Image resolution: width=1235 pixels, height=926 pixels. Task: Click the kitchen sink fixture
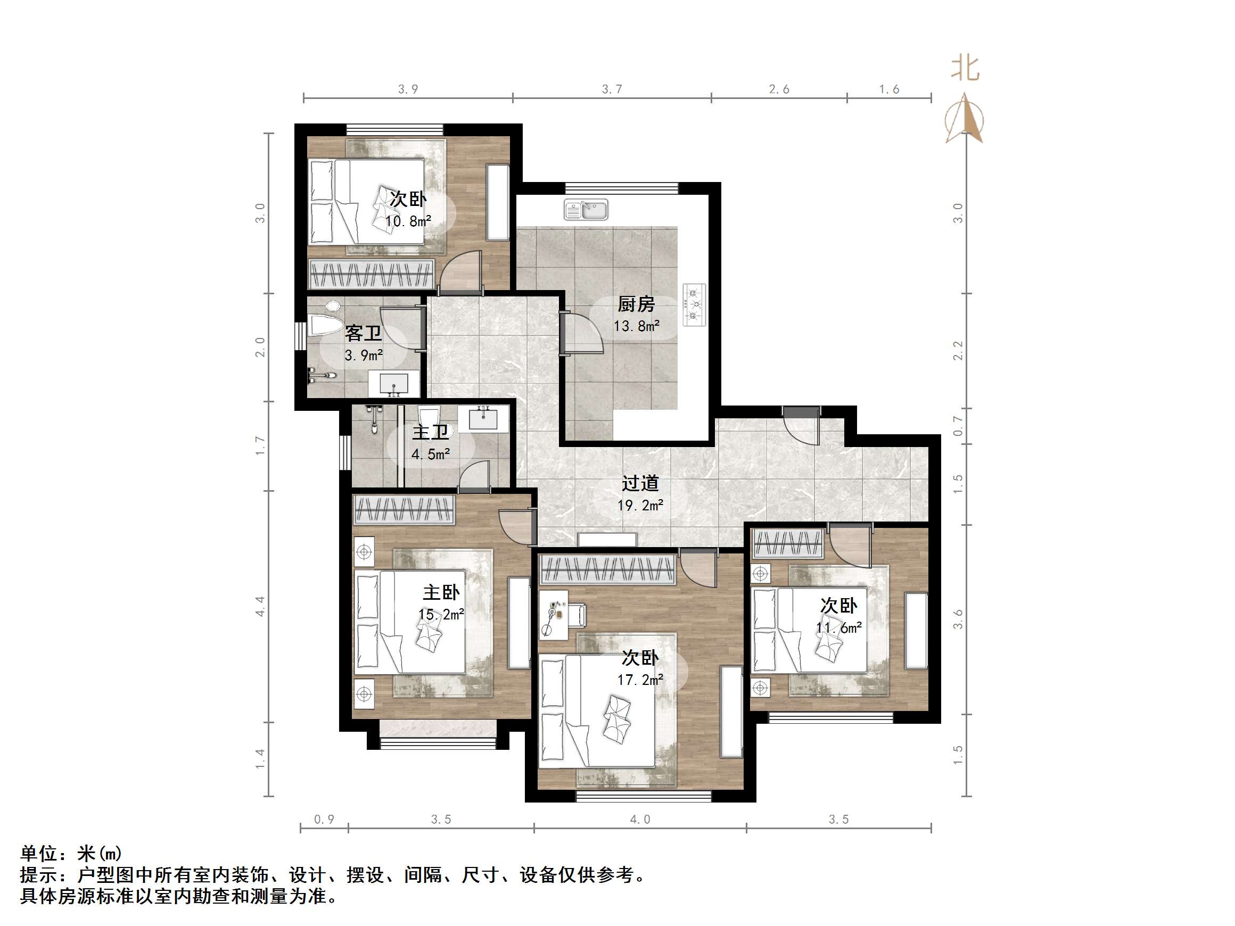(586, 210)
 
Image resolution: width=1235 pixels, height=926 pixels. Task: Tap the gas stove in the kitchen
(695, 305)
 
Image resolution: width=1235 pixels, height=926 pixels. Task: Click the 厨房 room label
(636, 304)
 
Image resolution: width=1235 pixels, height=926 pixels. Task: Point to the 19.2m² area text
(640, 506)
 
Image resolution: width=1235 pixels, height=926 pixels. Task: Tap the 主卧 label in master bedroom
(441, 592)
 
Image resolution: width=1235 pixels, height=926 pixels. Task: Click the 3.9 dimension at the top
(408, 89)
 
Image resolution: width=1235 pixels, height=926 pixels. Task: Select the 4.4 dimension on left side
(260, 606)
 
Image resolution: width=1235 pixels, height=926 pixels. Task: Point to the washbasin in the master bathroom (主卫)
(483, 418)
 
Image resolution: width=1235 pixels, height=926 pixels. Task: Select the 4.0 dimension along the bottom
(640, 820)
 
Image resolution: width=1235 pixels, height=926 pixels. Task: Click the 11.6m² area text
(838, 628)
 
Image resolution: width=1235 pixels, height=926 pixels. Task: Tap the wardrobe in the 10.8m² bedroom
(371, 275)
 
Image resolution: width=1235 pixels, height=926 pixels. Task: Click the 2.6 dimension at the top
(779, 89)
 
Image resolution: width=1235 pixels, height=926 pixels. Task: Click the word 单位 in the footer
(39, 854)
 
